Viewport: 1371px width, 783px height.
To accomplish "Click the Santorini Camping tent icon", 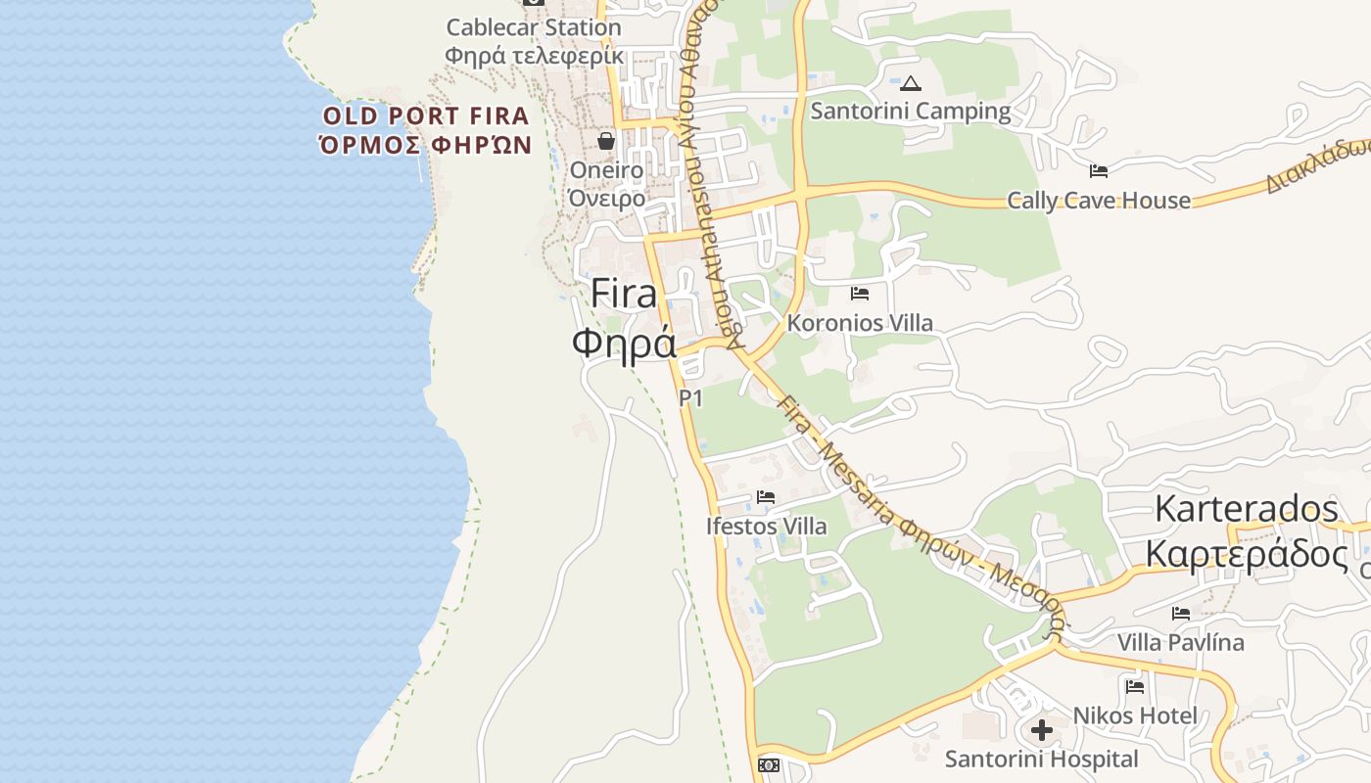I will pyautogui.click(x=911, y=84).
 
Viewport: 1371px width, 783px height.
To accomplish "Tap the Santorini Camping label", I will pyautogui.click(x=911, y=111).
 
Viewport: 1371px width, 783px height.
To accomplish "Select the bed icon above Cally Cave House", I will pyautogui.click(x=1099, y=171).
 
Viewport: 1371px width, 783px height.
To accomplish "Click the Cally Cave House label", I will pyautogui.click(x=1099, y=201).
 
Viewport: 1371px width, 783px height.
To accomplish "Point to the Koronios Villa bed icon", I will pyautogui.click(x=860, y=294).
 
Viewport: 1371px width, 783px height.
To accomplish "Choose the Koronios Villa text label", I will pyautogui.click(x=860, y=323).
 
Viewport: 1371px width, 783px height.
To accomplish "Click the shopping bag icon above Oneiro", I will pyautogui.click(x=606, y=141).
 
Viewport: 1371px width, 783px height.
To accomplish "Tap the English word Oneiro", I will pyautogui.click(x=606, y=170).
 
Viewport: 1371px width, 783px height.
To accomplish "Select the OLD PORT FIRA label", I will pyautogui.click(x=426, y=116).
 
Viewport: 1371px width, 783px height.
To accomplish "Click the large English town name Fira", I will pyautogui.click(x=624, y=294).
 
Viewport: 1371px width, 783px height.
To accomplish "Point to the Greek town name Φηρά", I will pyautogui.click(x=624, y=343).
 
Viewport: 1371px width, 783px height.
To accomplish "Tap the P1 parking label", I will pyautogui.click(x=691, y=398).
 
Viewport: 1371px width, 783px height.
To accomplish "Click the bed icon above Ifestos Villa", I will pyautogui.click(x=766, y=498).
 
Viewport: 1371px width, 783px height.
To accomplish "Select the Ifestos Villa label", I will pyautogui.click(x=766, y=527).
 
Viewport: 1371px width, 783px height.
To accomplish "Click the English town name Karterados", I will pyautogui.click(x=1246, y=509).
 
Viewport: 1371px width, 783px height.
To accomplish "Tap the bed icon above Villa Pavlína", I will pyautogui.click(x=1181, y=614).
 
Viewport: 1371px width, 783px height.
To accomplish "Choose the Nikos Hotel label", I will pyautogui.click(x=1135, y=715).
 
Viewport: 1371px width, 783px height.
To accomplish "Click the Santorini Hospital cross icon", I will pyautogui.click(x=1042, y=730).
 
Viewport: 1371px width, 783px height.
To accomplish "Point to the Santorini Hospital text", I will pyautogui.click(x=1042, y=760).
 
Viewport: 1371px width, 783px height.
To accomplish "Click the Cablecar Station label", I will pyautogui.click(x=534, y=27).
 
